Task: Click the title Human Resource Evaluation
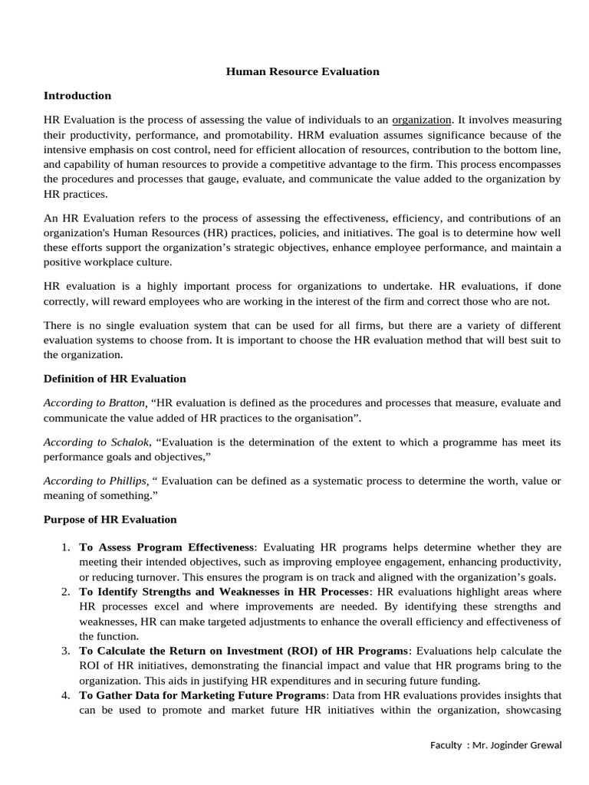(302, 71)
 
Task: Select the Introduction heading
(77, 96)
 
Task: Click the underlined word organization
(422, 120)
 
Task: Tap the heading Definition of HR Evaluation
(114, 379)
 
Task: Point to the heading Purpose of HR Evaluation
(110, 519)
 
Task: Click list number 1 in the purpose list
(65, 547)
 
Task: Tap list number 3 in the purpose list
(65, 650)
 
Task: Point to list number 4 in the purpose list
(65, 695)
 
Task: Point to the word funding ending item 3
(459, 680)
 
